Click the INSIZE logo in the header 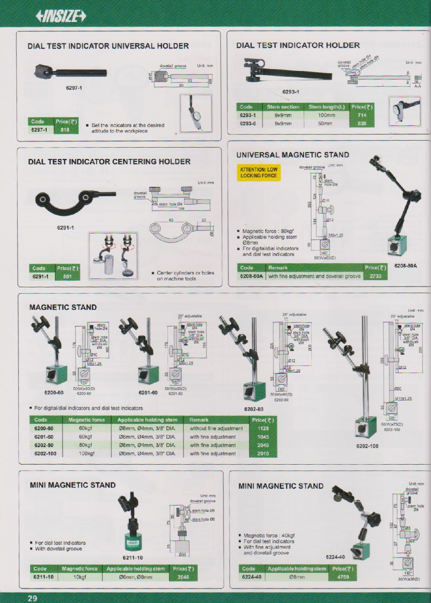pos(60,16)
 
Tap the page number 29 pos(32,598)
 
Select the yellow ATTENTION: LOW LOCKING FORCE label pos(259,172)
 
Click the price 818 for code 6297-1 pos(65,130)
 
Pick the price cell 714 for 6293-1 pos(362,115)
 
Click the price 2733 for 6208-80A pos(375,276)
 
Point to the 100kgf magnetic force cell pos(85,453)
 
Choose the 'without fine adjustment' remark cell pos(216,428)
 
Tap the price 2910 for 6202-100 pos(263,453)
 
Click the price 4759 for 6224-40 pos(343,577)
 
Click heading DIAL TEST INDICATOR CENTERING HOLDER pos(109,162)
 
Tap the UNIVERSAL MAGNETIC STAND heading pos(293,155)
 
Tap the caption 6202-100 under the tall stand pos(367,446)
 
